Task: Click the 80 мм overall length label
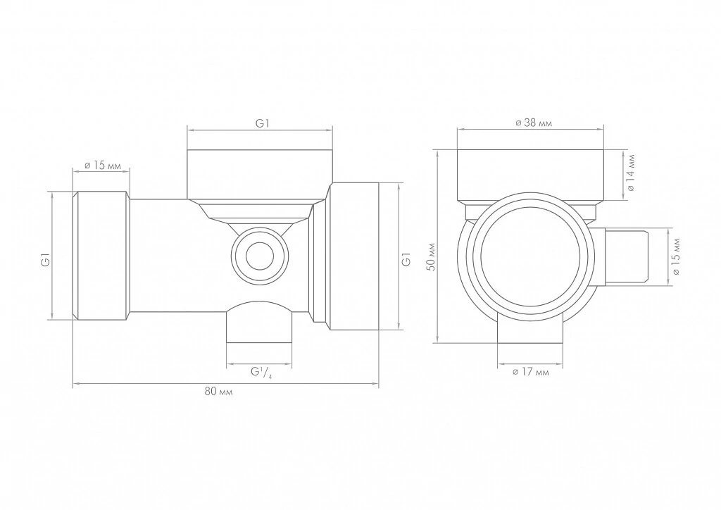[x=218, y=392]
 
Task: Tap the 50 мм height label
[x=431, y=256]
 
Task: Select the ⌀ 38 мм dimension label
[x=534, y=123]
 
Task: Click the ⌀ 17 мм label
[x=530, y=371]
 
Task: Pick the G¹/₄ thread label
[x=261, y=372]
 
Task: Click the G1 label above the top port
[x=262, y=123]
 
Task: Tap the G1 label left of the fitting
[x=46, y=261]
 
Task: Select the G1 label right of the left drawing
[x=406, y=259]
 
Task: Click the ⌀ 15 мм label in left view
[x=103, y=165]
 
